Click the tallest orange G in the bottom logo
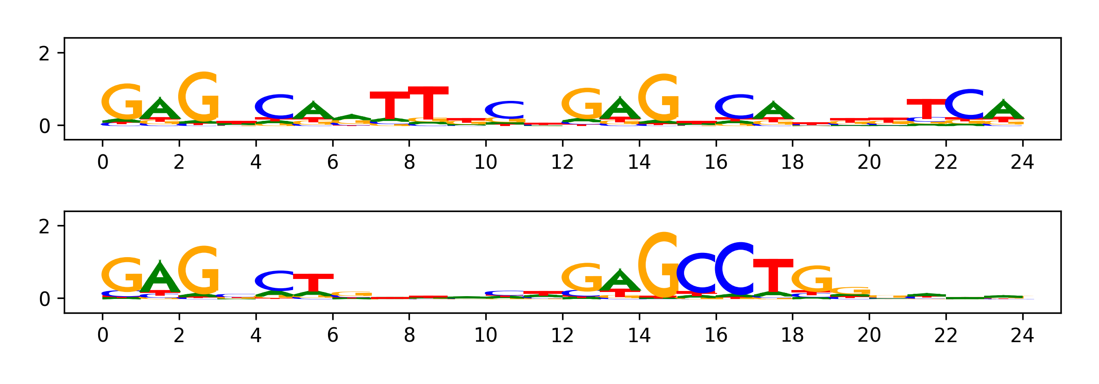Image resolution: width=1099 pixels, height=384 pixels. pos(658,265)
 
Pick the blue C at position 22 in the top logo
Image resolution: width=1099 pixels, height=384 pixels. pos(965,104)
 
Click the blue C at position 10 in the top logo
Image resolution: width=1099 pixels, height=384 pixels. pos(505,110)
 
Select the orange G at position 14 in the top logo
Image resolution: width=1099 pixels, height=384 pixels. pos(658,98)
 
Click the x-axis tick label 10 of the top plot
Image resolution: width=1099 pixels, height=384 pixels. pos(486,162)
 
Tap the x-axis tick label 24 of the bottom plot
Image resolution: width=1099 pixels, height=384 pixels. pos(1022,335)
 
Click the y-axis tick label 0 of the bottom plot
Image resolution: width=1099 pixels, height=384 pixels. pos(44,299)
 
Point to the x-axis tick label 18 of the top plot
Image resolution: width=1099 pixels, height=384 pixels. pos(792,162)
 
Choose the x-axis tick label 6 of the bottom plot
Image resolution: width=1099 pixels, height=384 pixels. pos(333,335)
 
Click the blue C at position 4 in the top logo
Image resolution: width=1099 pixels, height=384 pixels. pos(275,106)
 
